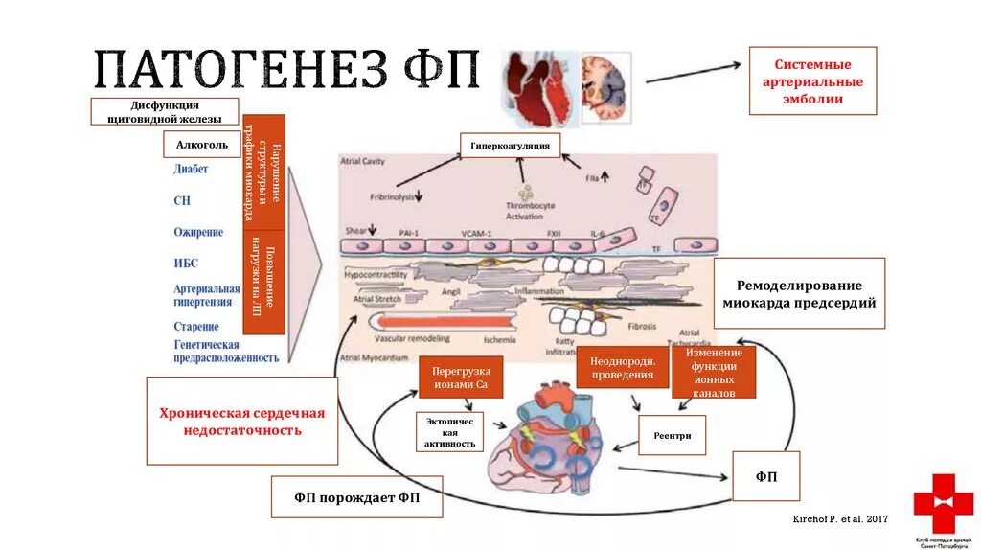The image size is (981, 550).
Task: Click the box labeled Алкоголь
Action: pyautogui.click(x=201, y=144)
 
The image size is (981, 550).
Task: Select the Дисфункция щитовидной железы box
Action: pyautogui.click(x=165, y=111)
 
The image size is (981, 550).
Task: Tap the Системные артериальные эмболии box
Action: pyautogui.click(x=812, y=80)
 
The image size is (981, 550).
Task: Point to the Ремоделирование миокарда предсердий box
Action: pyautogui.click(x=799, y=293)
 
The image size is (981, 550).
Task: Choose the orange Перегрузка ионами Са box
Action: pyautogui.click(x=461, y=378)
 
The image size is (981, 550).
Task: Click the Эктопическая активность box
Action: pyautogui.click(x=449, y=431)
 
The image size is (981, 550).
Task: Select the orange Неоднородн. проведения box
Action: pyautogui.click(x=622, y=367)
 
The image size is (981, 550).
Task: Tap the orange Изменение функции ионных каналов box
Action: pyautogui.click(x=714, y=372)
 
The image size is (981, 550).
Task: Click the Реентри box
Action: pyautogui.click(x=672, y=435)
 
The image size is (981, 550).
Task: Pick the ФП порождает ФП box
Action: pyautogui.click(x=356, y=498)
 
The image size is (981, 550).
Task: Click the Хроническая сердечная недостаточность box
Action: pyautogui.click(x=241, y=421)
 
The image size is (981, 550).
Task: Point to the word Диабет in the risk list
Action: pyautogui.click(x=192, y=170)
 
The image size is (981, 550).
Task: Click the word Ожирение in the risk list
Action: pyautogui.click(x=198, y=232)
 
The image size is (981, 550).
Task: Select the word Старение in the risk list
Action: pyautogui.click(x=196, y=327)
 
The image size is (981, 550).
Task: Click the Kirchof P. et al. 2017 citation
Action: pyautogui.click(x=841, y=518)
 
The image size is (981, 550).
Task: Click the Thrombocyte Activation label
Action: pyautogui.click(x=524, y=211)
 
